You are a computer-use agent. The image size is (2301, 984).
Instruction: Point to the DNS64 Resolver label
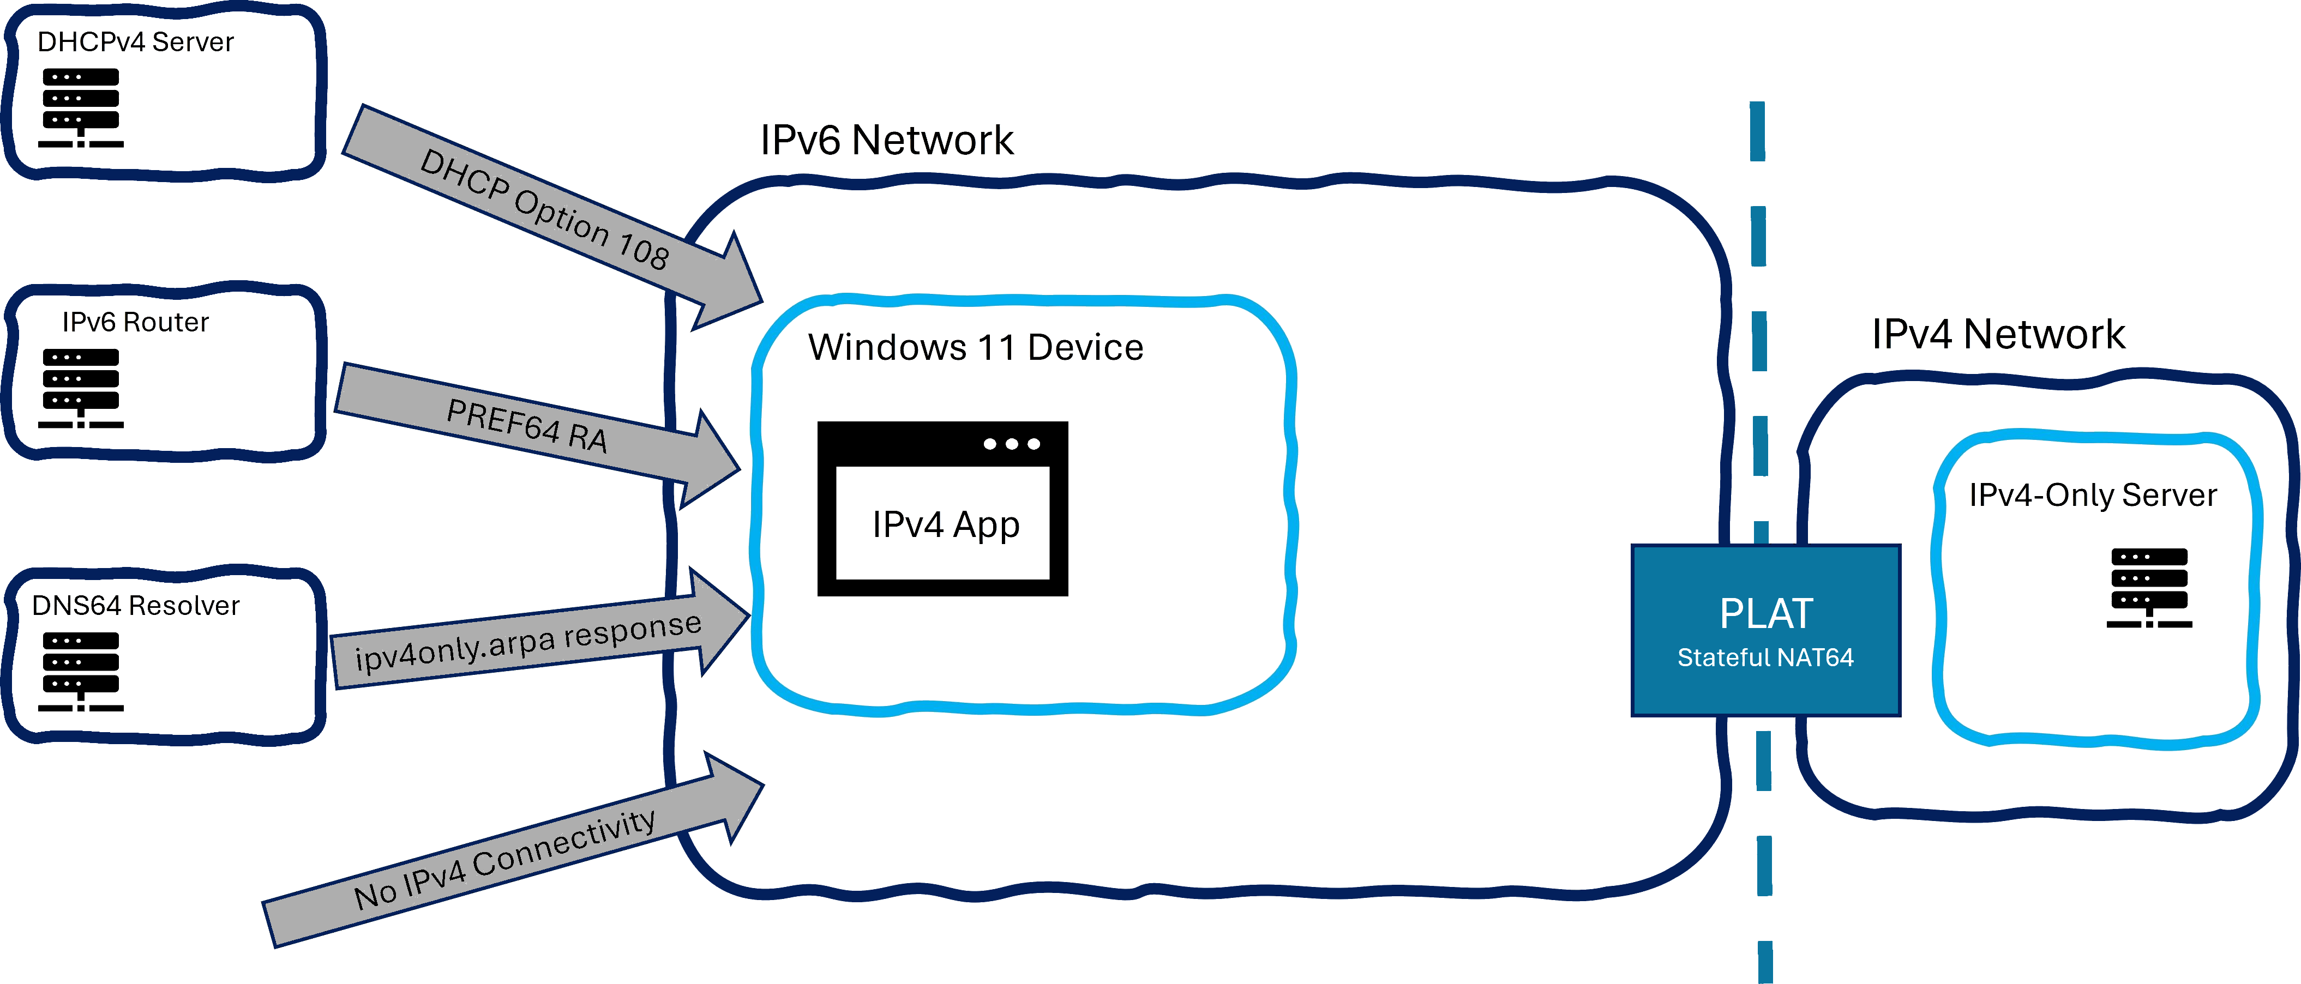tap(136, 606)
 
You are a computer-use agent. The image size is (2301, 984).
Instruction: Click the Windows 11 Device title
tap(975, 347)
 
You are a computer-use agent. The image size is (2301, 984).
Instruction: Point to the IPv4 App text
tap(946, 525)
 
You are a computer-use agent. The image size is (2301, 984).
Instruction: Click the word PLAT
tap(1766, 614)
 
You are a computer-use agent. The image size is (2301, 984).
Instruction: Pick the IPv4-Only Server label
tap(2093, 496)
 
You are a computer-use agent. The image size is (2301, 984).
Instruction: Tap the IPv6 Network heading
tap(886, 141)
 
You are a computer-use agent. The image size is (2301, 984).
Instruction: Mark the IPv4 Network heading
tap(1999, 335)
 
